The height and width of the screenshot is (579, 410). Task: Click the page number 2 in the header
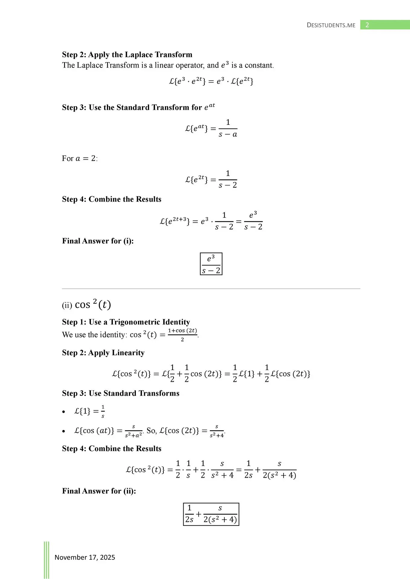point(367,25)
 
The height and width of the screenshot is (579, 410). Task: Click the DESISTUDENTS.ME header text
point(331,25)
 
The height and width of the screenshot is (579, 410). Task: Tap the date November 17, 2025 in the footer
point(85,557)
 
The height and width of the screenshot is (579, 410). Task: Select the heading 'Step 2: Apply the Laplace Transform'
point(127,55)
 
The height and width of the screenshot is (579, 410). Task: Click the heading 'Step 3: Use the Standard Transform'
point(138,107)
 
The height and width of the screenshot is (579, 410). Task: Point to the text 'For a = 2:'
point(80,159)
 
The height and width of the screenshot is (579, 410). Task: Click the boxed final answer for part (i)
point(211,264)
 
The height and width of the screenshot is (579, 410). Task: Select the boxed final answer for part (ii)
point(211,514)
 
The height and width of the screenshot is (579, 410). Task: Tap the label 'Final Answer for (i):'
point(98,241)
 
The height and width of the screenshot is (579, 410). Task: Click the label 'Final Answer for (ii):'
point(99,491)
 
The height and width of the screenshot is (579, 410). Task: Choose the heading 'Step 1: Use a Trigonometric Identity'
point(126,322)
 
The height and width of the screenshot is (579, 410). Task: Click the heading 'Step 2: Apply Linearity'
point(103,353)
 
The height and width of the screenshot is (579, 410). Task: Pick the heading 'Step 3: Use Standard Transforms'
point(121,393)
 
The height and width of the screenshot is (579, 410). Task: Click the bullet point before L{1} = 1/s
point(63,412)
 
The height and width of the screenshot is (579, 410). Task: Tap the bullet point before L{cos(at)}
point(63,431)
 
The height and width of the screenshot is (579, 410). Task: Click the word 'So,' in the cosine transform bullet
point(152,431)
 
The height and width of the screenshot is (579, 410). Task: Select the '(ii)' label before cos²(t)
point(67,305)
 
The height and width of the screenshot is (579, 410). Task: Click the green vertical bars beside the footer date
point(46,559)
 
